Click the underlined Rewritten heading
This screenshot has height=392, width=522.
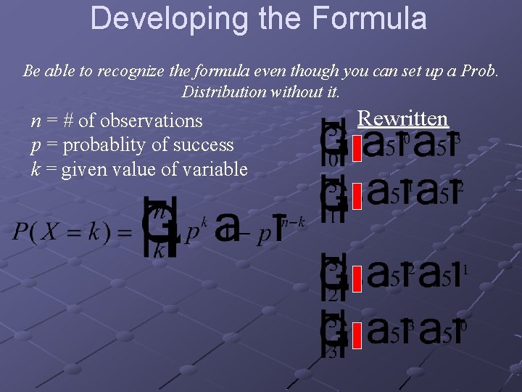[403, 118]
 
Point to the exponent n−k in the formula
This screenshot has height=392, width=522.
[294, 221]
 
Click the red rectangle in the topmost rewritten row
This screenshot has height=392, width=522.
[356, 148]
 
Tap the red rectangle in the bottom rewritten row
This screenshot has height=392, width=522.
[356, 334]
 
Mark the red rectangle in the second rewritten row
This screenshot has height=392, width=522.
[356, 195]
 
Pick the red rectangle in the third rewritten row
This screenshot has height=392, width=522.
[356, 278]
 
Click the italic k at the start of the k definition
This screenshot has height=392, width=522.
[35, 170]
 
